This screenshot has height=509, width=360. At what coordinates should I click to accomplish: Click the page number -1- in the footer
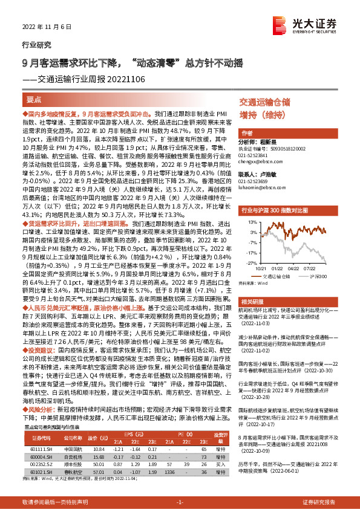pos(179,502)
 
